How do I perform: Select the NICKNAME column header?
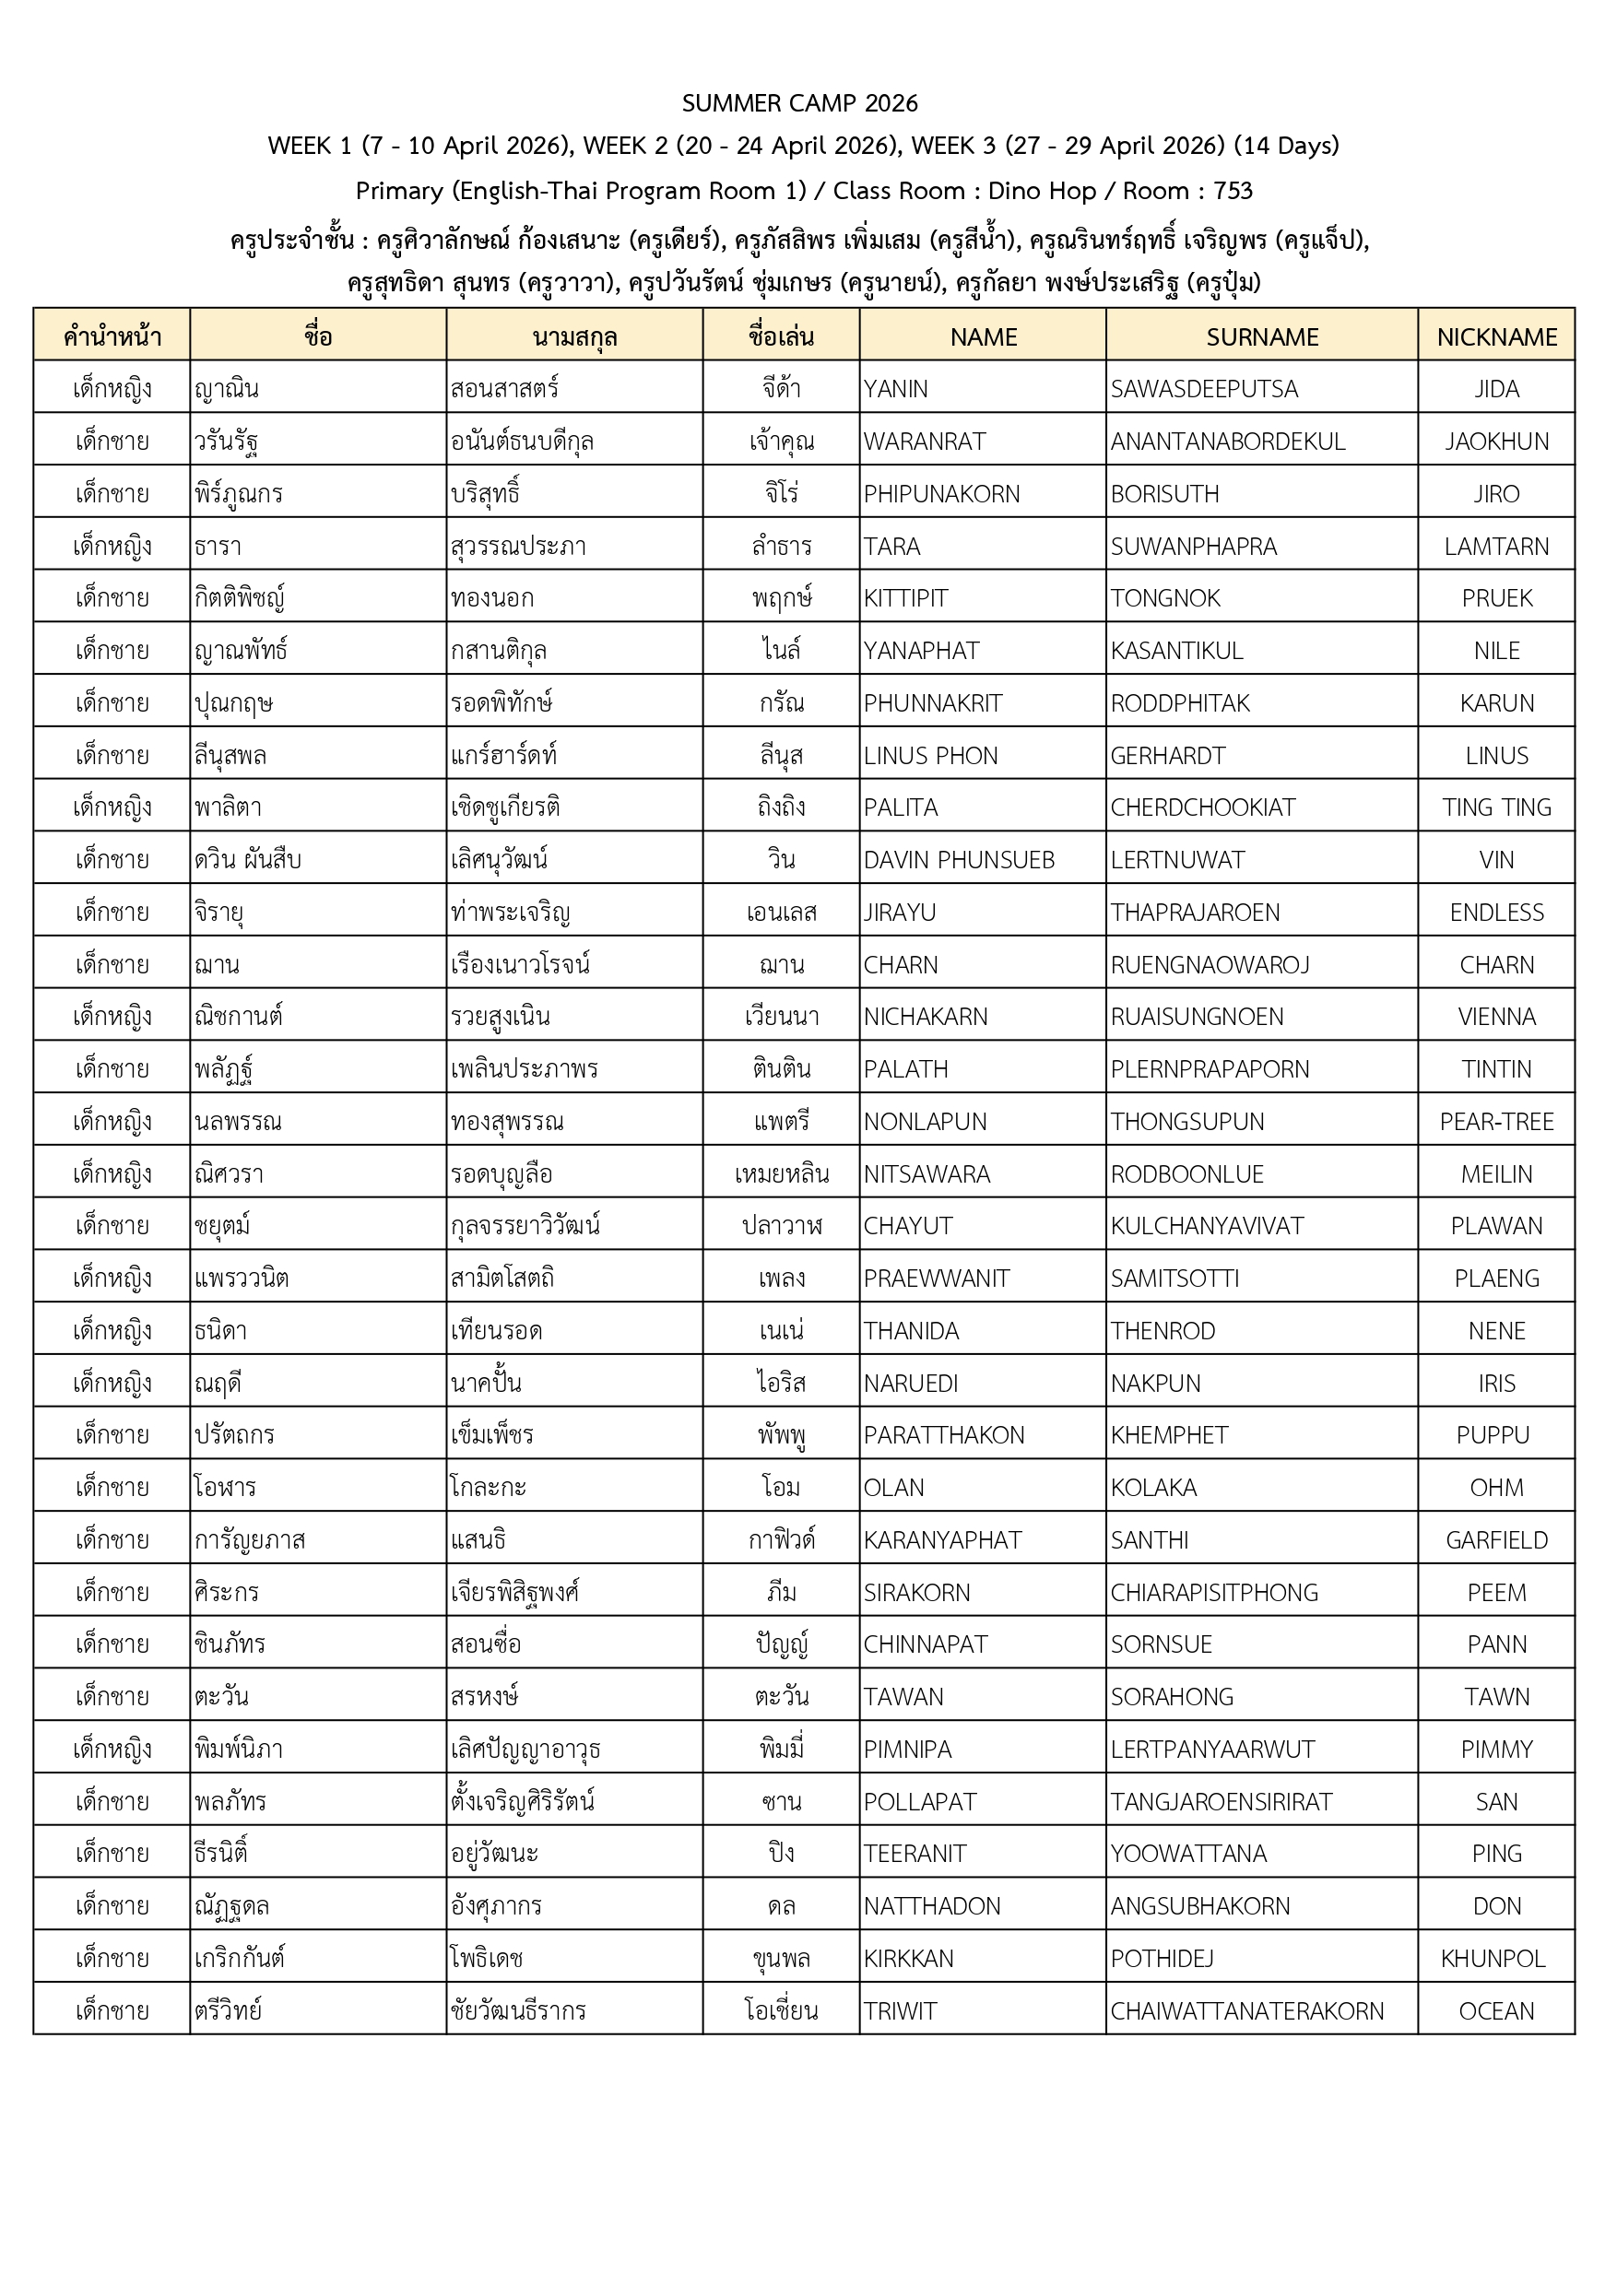[1495, 337]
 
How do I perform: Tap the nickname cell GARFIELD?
[1495, 1540]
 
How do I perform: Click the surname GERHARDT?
[1168, 756]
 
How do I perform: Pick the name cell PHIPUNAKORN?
[941, 494]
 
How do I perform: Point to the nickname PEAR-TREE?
[1495, 1122]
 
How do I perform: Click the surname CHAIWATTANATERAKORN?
[1246, 2011]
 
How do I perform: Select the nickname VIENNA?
[1495, 1017]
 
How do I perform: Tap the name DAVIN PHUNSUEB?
[958, 860]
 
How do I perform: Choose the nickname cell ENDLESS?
[1495, 912]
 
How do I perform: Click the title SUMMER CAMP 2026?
[799, 103]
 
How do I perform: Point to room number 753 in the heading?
[1233, 191]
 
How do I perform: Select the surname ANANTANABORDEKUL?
[1228, 442]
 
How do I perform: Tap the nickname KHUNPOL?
[1493, 1959]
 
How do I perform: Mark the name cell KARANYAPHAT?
[942, 1540]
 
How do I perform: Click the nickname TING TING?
[1495, 807]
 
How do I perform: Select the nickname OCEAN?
[1495, 2011]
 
